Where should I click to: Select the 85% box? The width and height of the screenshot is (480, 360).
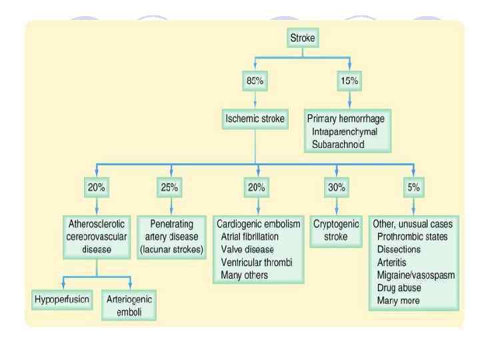257,81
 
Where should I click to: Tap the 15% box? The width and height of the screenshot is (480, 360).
349,81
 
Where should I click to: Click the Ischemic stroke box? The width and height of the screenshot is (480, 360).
257,120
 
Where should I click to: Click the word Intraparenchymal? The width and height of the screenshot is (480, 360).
343,131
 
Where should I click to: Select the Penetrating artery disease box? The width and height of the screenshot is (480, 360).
171,231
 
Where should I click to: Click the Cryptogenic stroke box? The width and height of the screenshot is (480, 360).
336,231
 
